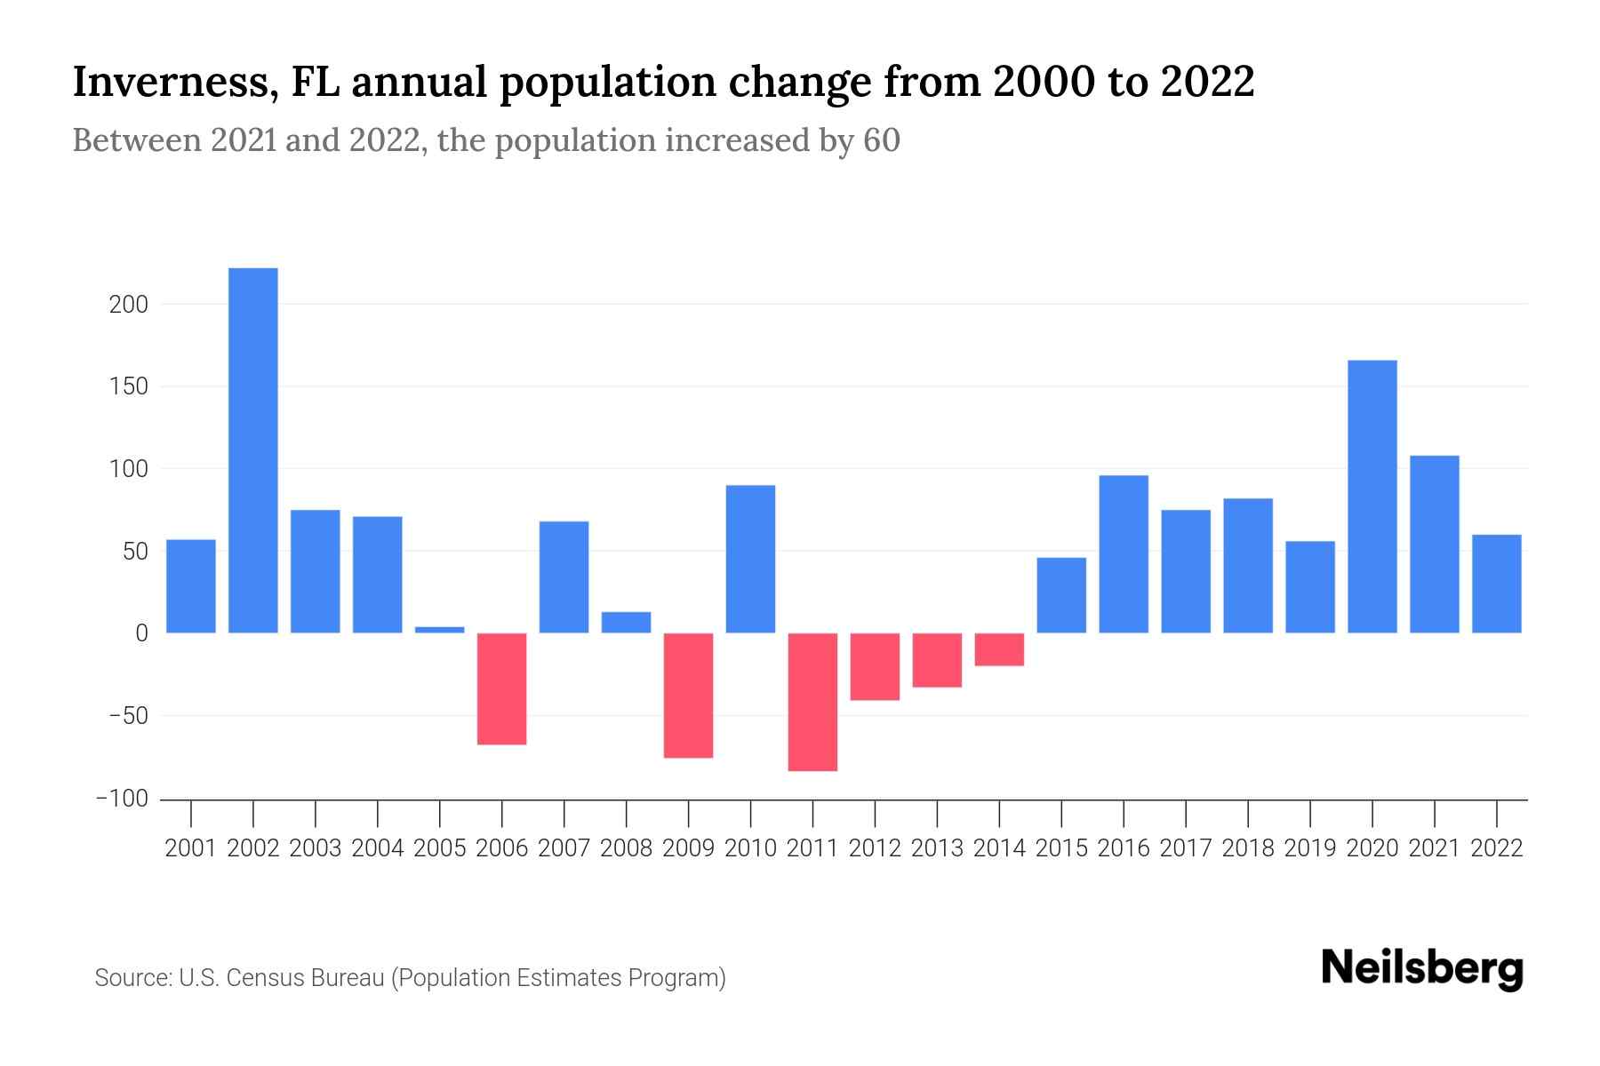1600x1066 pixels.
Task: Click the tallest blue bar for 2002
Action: tap(253, 450)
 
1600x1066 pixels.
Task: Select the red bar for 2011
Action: tap(812, 702)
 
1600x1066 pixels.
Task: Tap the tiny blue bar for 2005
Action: tap(440, 630)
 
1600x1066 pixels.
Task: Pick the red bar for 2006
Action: tap(502, 688)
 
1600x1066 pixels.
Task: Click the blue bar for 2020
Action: tap(1372, 497)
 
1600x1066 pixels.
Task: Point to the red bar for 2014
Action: tap(999, 649)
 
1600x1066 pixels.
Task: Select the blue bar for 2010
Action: tap(750, 559)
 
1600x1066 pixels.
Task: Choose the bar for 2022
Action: tap(1497, 584)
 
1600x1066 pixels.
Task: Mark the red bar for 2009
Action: tap(689, 696)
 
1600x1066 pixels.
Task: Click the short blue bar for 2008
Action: tap(626, 623)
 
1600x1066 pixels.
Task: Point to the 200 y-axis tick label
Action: tap(128, 305)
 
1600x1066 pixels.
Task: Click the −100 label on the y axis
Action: tap(122, 799)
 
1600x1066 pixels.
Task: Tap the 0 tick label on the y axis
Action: tap(141, 633)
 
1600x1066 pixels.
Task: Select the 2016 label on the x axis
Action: tap(1124, 848)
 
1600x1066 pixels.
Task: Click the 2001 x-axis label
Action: tap(191, 848)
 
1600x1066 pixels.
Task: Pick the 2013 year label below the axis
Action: tap(937, 848)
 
